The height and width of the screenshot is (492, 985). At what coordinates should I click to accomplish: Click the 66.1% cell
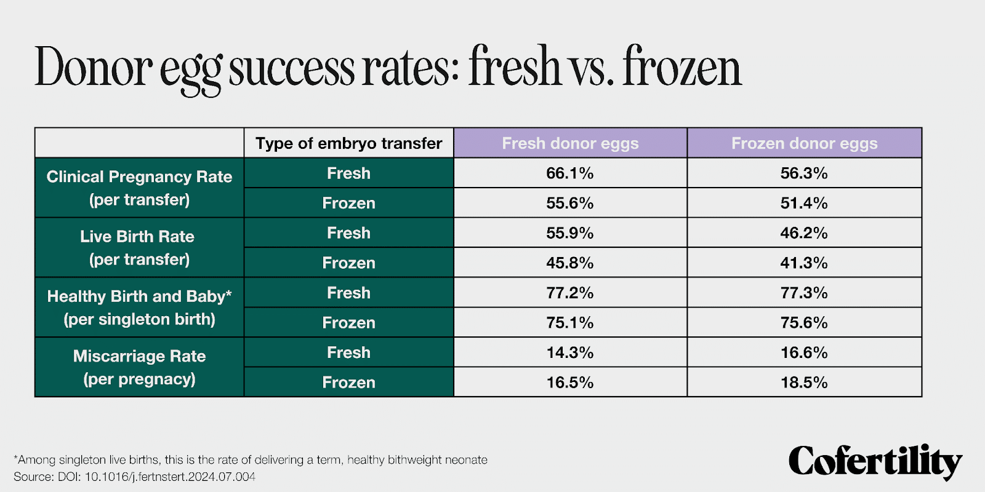569,173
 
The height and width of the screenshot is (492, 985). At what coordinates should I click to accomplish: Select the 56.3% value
804,173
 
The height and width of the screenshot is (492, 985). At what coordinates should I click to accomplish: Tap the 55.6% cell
569,203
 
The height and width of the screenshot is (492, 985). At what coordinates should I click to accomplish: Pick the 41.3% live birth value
804,263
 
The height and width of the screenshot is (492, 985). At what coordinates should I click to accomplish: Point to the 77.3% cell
804,293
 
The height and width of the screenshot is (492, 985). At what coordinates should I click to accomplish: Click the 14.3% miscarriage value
569,352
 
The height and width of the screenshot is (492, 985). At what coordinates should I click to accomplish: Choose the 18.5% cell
804,383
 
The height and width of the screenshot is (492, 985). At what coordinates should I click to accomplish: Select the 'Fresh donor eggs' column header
570,143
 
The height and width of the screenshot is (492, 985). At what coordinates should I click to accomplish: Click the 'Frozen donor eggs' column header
804,143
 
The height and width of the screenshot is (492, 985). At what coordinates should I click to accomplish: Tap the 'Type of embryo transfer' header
348,143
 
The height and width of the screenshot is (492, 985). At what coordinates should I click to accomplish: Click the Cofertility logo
875,461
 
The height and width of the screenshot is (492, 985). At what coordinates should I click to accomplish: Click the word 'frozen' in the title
682,66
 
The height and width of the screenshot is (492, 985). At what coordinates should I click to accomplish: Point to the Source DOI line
134,477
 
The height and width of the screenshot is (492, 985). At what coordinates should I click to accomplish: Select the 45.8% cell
569,263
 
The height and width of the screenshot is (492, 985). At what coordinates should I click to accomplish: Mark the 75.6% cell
804,322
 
